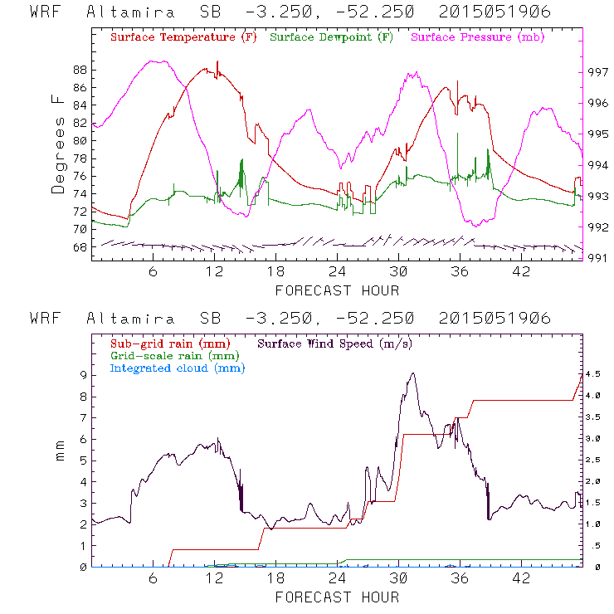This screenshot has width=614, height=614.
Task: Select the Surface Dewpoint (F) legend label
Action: click(332, 37)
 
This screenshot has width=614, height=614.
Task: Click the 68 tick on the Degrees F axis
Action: click(80, 246)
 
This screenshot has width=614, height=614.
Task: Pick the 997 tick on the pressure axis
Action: click(599, 72)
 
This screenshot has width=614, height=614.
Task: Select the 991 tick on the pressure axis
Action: click(599, 258)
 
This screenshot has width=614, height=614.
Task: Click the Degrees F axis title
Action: click(57, 144)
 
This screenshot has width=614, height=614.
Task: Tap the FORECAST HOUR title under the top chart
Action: click(337, 290)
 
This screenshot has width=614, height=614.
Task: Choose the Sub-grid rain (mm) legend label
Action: click(170, 343)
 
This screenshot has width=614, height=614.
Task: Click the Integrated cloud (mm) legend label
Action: click(178, 368)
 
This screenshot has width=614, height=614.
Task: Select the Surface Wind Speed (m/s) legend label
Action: click(336, 343)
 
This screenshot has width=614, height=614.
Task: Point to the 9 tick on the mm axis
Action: click(82, 374)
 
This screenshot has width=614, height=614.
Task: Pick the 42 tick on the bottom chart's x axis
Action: click(521, 579)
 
